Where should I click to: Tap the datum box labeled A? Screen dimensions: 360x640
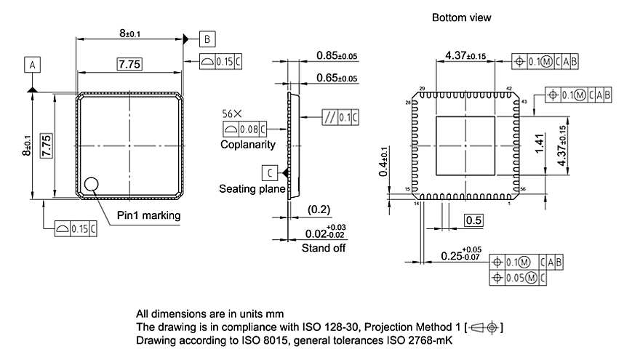coord(32,65)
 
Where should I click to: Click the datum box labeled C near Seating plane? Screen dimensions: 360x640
coord(271,172)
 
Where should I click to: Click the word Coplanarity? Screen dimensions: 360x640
coord(248,145)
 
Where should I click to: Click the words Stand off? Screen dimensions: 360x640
coord(324,248)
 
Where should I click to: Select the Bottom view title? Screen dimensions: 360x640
coord(461,17)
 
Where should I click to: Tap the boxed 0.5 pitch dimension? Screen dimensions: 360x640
coord(473,220)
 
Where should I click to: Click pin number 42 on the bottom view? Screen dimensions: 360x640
coord(509,89)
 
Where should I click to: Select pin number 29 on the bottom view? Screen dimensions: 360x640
coord(422,89)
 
